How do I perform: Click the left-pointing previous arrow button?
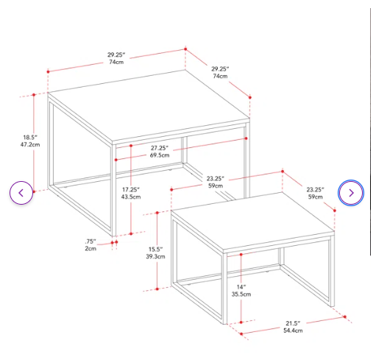coord(21,193)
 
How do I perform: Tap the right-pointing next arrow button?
coord(351,193)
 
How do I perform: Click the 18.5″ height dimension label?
coord(30,137)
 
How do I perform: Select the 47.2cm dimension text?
coord(30,144)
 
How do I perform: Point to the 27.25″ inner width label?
coord(160,148)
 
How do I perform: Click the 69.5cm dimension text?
coord(160,155)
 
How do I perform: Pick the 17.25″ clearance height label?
coord(131,189)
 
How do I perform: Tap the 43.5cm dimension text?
coord(131,197)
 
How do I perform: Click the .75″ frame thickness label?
coord(91,241)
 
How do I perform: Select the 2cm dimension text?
coord(91,248)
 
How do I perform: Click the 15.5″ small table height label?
coord(155,250)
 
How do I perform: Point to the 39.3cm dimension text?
coord(155,256)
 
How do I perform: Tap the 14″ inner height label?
coord(241,287)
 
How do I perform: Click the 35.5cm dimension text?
coord(241,294)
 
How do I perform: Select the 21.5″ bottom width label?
coord(293,323)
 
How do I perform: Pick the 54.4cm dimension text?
coord(293,331)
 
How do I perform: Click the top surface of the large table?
coord(149,106)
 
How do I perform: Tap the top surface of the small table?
coord(252,222)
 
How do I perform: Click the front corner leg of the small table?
coord(225,288)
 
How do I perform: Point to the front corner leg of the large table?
coord(114,190)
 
